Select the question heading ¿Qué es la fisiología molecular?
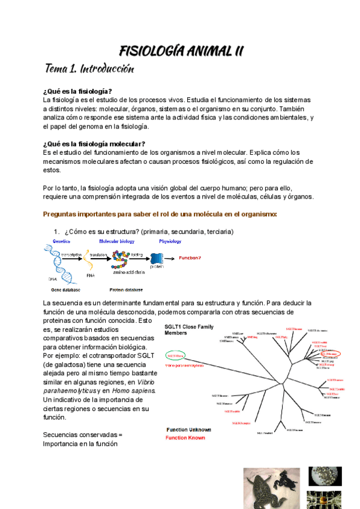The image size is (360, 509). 94,144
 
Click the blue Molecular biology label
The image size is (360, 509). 116,241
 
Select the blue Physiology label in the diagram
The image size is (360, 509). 170,241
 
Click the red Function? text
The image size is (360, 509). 191,258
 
